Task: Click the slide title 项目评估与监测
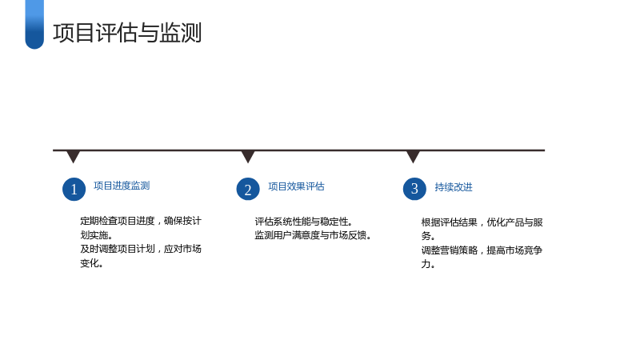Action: (127, 33)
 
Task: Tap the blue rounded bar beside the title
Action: (34, 25)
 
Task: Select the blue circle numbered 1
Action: (74, 189)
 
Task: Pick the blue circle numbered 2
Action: (248, 189)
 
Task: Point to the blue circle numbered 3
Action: (414, 189)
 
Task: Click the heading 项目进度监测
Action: (122, 186)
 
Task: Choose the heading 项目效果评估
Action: (296, 186)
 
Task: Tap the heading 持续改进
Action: (454, 187)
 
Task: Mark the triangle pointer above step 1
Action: (73, 156)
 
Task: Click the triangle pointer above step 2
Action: (248, 156)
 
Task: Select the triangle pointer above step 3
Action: (413, 156)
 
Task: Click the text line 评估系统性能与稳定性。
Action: (304, 222)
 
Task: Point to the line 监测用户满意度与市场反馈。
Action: (313, 235)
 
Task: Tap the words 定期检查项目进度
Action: (118, 221)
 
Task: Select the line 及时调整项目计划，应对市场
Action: (141, 249)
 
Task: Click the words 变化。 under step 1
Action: (91, 263)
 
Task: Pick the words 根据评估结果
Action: (449, 222)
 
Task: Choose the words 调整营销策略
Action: (449, 250)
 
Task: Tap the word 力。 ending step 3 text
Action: (428, 264)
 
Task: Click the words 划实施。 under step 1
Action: (96, 235)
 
